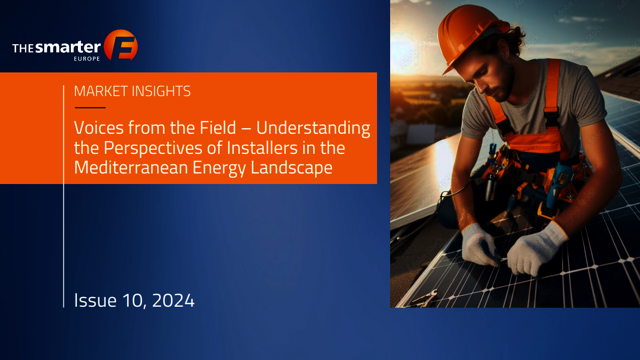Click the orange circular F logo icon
[x=121, y=45]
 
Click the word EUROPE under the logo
[x=87, y=59]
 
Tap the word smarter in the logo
[x=68, y=47]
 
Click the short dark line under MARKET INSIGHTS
[x=90, y=108]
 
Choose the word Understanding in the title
[x=313, y=129]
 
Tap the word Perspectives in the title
[x=153, y=148]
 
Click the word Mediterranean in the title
[x=131, y=167]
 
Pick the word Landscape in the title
[x=292, y=168]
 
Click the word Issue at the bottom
[x=95, y=300]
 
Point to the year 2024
[x=173, y=301]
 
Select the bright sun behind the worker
[x=406, y=51]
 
